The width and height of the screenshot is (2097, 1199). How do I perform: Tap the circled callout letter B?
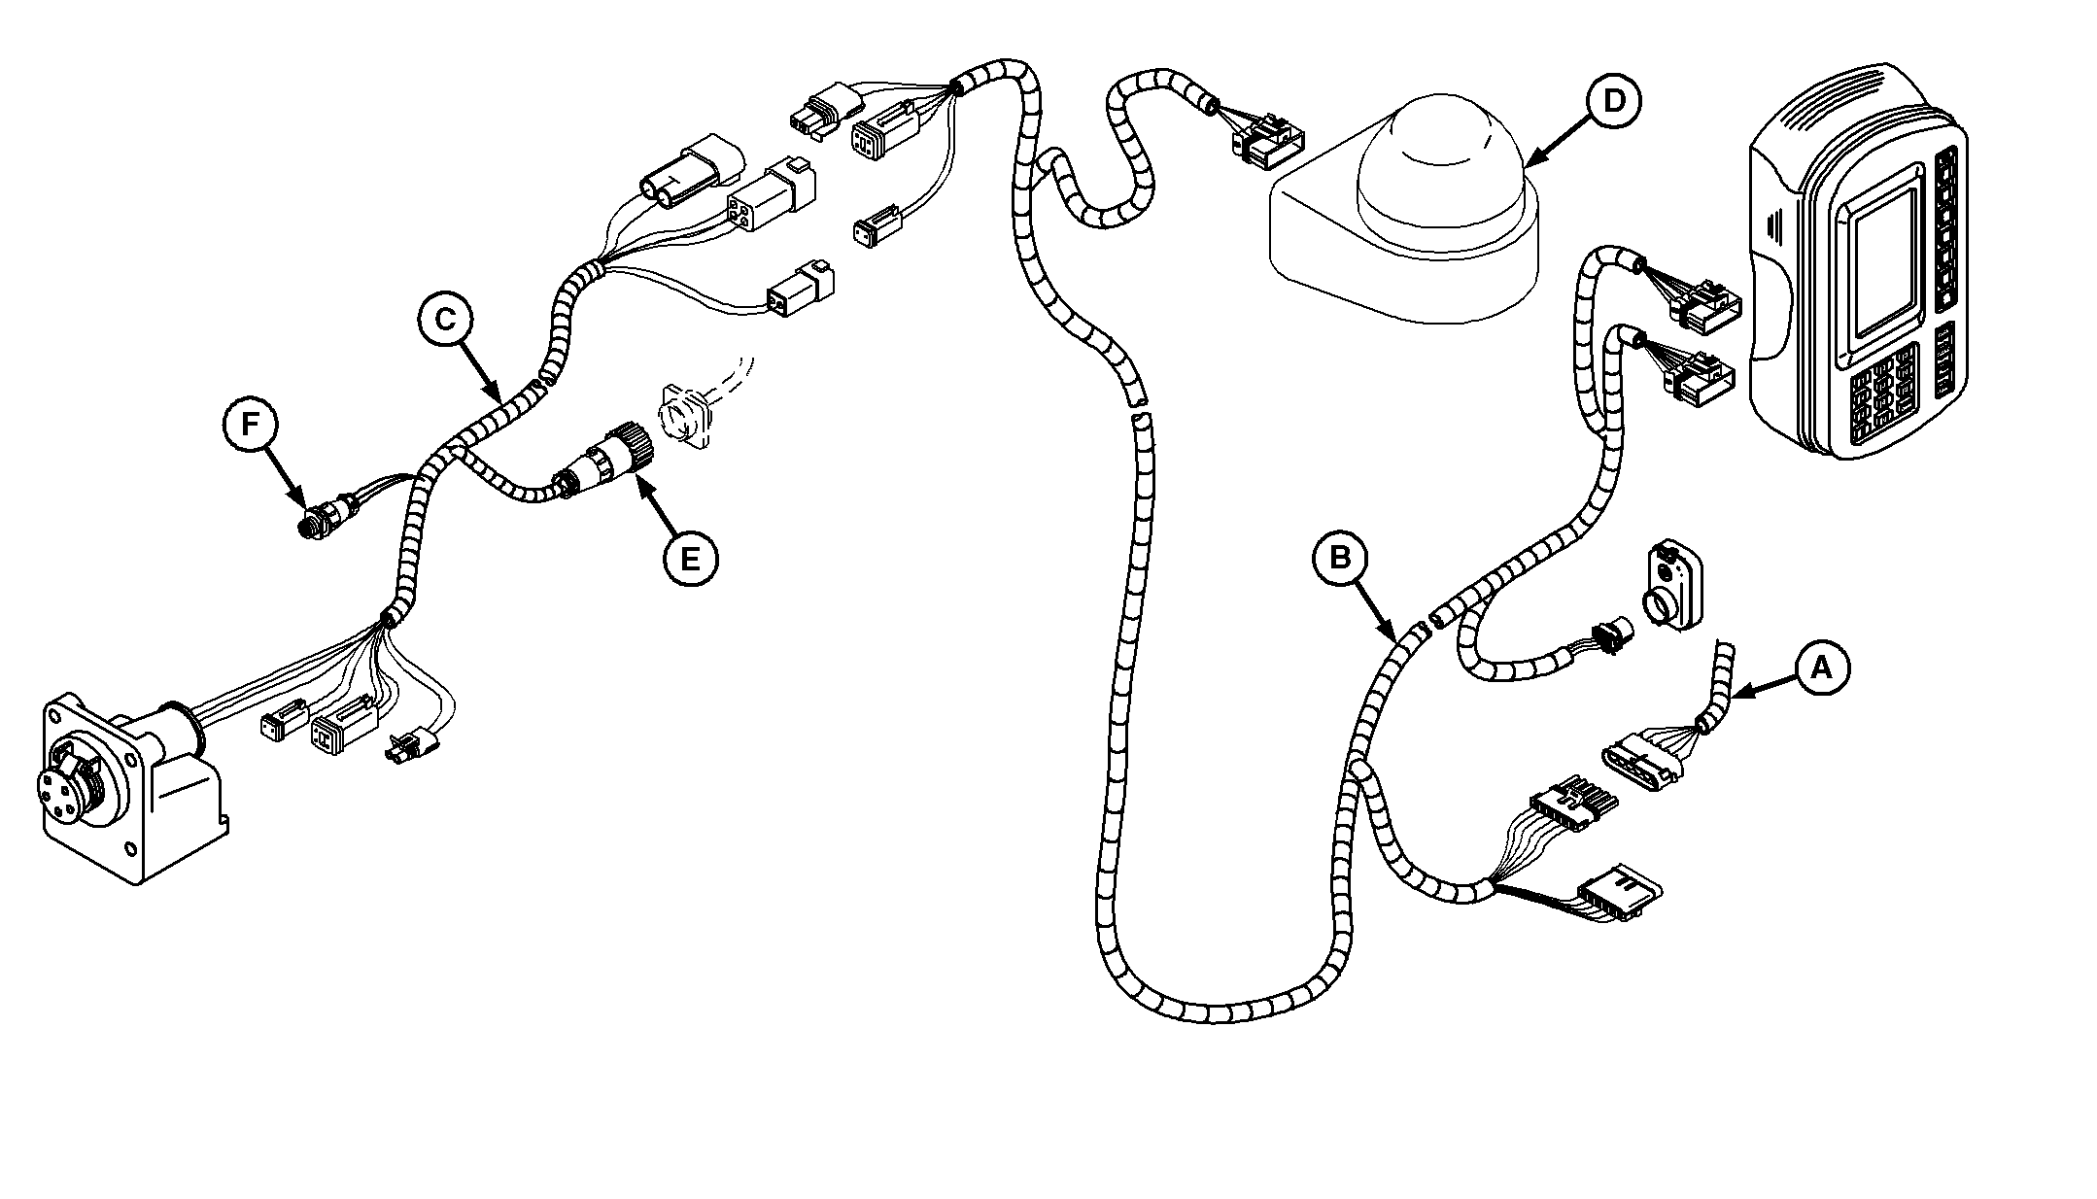pos(1340,559)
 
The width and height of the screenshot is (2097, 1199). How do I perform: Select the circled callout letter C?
pos(445,320)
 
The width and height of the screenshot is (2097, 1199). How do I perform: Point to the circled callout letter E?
pos(690,559)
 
